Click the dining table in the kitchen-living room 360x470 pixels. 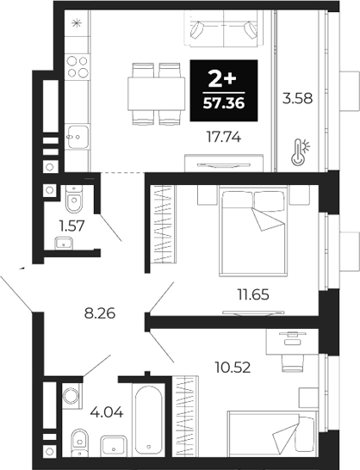pos(156,90)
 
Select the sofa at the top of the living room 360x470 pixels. pos(222,33)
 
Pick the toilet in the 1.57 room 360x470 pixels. pos(72,199)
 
